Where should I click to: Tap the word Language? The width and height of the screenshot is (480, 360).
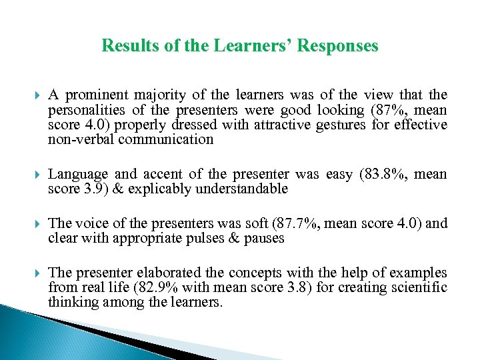78,175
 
